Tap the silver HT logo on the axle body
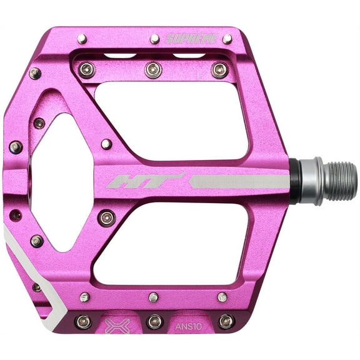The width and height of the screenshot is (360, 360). [146, 181]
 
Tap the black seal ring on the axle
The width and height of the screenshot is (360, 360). [294, 181]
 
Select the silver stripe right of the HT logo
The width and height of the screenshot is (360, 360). [237, 181]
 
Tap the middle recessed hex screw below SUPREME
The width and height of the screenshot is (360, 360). [153, 69]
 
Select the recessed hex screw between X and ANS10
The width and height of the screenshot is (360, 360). [154, 321]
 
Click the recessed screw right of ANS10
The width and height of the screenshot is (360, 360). [226, 321]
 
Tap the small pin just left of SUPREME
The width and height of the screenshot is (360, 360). [154, 39]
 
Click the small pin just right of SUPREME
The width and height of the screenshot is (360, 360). [227, 39]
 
